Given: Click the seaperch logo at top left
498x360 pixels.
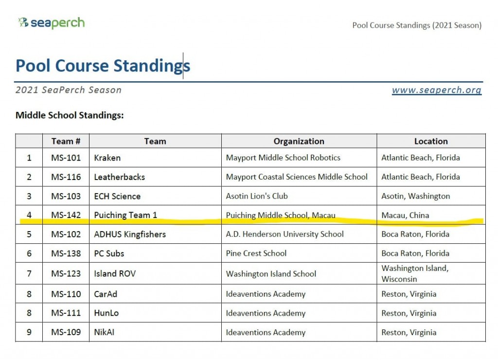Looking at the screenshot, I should (51, 23).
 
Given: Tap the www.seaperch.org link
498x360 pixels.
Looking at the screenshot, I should (436, 90).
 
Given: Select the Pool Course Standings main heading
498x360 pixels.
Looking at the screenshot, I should (103, 66).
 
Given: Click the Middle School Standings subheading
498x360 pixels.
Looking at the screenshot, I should (70, 115).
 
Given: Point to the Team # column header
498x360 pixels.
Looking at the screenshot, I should (66, 141).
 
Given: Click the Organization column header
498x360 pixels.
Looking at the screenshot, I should (299, 141).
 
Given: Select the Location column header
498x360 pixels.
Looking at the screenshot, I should (431, 141).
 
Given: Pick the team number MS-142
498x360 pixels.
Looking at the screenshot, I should (66, 215).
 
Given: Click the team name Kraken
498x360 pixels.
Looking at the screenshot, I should (107, 158).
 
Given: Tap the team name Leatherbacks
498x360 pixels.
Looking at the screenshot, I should (119, 177).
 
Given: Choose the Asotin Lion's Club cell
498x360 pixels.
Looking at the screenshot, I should (257, 196).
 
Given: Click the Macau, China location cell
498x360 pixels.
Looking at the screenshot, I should (405, 215).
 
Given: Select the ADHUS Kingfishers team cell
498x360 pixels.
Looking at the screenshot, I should (130, 234).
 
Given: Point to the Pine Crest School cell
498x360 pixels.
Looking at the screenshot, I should (256, 253).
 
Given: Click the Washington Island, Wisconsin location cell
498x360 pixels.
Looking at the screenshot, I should (415, 273).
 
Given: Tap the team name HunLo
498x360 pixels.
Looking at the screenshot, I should (106, 313).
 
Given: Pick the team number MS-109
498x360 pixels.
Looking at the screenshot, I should (66, 333).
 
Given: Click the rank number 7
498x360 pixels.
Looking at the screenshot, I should (29, 273).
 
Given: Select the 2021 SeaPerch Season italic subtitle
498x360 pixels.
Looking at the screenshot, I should (69, 90).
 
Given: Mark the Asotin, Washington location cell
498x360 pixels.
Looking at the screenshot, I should (415, 196).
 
